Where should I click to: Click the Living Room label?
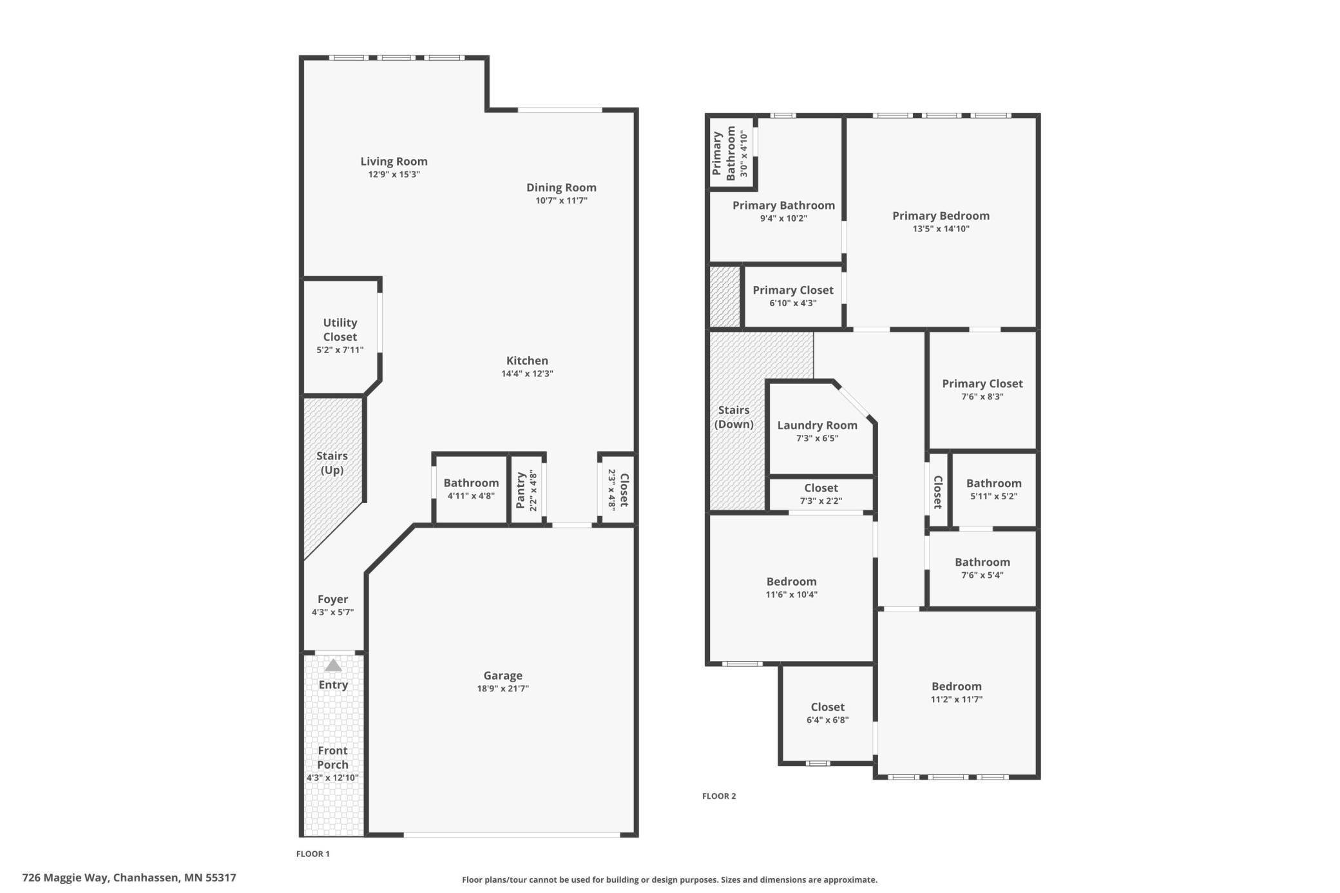[394, 162]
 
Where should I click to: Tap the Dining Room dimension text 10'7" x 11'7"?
[561, 200]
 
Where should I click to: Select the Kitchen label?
[527, 361]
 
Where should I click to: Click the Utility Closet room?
[340, 336]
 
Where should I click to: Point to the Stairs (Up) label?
[332, 463]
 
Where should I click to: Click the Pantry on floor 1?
[526, 490]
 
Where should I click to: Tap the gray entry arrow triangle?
[333, 666]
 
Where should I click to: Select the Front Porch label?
[332, 758]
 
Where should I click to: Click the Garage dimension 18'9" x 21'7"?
[503, 689]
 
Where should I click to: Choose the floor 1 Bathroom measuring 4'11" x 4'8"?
[471, 489]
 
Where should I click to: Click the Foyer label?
[332, 599]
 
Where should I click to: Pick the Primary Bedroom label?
[941, 216]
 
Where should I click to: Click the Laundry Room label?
[817, 425]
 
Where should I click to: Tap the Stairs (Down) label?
[734, 417]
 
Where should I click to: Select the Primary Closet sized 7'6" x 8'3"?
[982, 389]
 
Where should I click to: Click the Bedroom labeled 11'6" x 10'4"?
[791, 587]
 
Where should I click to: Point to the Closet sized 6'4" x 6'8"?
[827, 713]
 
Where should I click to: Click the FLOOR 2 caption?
[719, 796]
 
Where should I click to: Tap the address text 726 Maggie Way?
[129, 878]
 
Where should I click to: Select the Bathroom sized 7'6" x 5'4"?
[982, 568]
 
